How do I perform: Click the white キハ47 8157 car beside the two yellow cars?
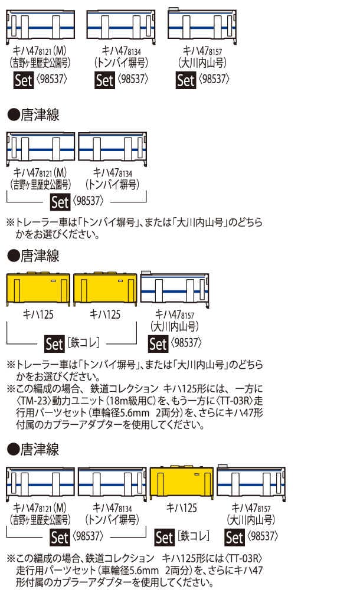176,289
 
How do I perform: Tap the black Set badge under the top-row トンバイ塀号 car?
104,80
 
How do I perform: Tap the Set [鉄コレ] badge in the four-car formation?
181,537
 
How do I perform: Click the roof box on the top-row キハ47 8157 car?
174,8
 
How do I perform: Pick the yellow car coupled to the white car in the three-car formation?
106,289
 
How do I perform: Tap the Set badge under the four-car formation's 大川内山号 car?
234,537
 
